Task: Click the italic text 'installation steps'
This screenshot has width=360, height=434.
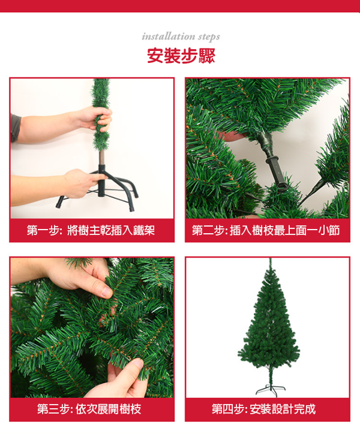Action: [x=181, y=37]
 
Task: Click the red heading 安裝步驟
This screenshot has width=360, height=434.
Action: [x=181, y=55]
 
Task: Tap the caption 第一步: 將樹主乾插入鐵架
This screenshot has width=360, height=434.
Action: [x=91, y=230]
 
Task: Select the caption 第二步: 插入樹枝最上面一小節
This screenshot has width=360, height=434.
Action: [x=266, y=230]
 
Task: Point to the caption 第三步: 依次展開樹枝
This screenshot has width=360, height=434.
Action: [x=89, y=409]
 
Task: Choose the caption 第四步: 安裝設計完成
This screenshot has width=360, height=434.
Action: [x=263, y=409]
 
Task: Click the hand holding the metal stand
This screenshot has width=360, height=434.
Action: [x=82, y=183]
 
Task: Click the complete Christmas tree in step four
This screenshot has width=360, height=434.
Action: [x=269, y=327]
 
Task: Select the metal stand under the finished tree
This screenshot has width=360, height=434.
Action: [x=271, y=390]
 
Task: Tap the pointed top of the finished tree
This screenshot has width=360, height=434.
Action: [x=270, y=259]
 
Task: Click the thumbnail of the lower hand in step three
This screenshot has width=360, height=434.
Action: [x=139, y=364]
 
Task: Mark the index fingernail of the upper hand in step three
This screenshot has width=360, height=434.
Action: [x=107, y=291]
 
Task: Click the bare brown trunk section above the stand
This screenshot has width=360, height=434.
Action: [x=102, y=158]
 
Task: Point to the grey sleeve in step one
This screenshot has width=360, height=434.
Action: [x=16, y=127]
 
